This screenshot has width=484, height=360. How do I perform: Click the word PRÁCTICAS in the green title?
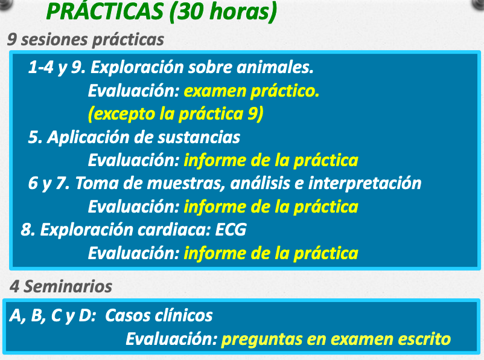105,11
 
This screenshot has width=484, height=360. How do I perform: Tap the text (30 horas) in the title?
223,12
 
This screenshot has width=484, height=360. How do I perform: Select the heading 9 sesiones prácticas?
86,39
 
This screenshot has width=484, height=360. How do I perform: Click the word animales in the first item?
275,67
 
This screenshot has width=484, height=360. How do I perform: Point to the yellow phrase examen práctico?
252,91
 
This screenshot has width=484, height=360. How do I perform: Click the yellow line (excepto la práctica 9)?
176,114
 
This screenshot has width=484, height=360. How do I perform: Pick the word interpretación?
365,183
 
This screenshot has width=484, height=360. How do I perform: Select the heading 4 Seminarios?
61,286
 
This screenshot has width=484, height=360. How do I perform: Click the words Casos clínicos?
159,315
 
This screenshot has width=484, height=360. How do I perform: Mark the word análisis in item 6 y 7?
260,183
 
